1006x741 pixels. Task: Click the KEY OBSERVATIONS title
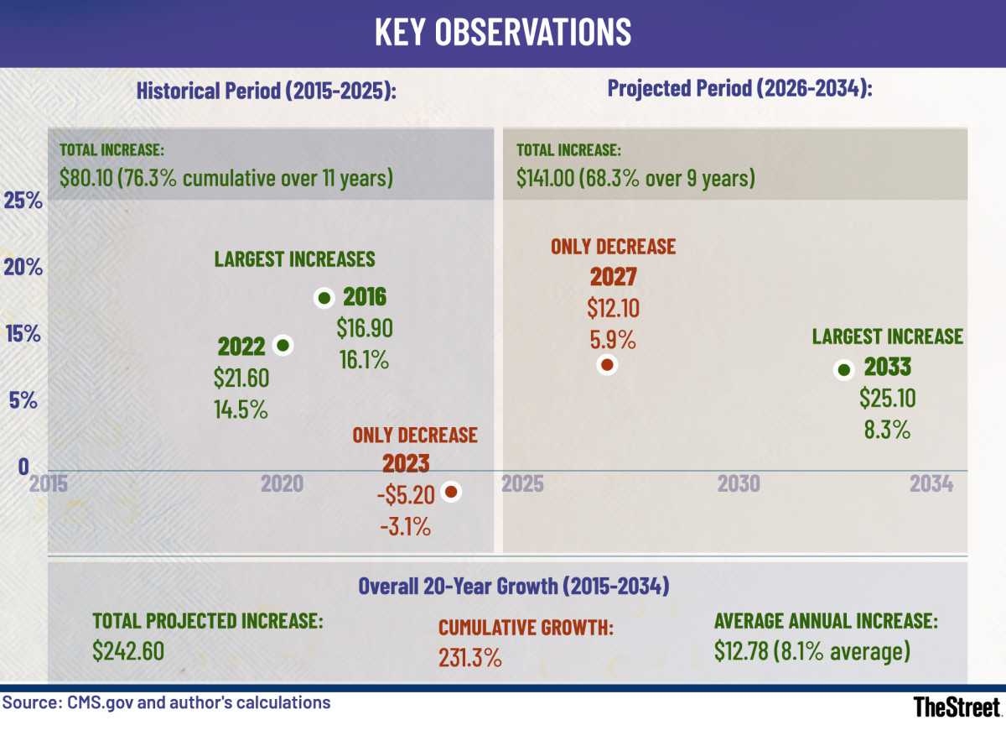click(x=502, y=32)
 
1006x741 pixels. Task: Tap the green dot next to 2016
click(x=324, y=298)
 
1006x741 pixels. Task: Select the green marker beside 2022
click(x=283, y=345)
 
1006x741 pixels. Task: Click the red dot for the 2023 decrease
click(x=451, y=492)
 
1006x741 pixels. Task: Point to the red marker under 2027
click(x=607, y=364)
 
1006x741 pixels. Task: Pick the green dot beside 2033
click(x=844, y=369)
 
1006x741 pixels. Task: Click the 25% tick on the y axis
click(x=23, y=201)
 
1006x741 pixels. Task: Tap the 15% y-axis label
click(x=23, y=334)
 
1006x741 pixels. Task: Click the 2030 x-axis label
click(x=739, y=484)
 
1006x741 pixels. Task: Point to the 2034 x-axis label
click(x=931, y=484)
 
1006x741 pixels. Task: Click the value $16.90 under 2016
click(x=365, y=328)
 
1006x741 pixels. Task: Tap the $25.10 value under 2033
click(x=887, y=399)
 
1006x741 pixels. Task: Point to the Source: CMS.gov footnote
click(x=166, y=702)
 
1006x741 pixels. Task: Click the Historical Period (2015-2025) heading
click(x=266, y=90)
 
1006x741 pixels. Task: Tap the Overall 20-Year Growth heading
click(x=513, y=586)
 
